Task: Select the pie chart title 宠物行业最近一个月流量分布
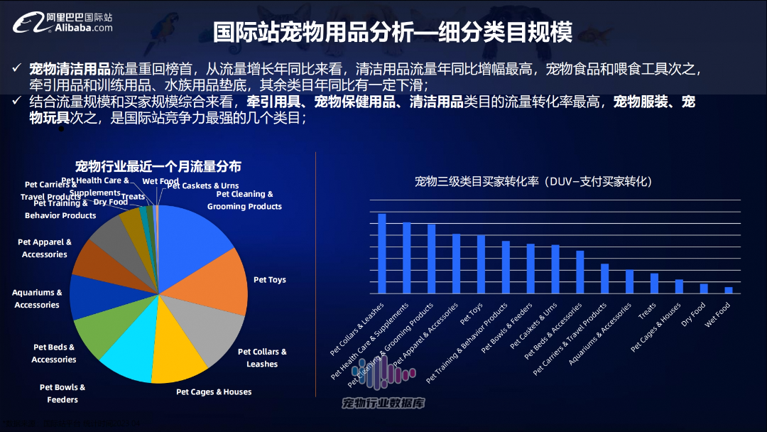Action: tap(158, 166)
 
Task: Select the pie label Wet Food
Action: tap(161, 181)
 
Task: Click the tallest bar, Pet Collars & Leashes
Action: tap(381, 253)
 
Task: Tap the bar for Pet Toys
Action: tap(481, 264)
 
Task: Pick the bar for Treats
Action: tap(654, 283)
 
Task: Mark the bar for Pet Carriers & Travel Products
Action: tap(604, 278)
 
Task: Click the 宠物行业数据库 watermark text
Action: tap(383, 403)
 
